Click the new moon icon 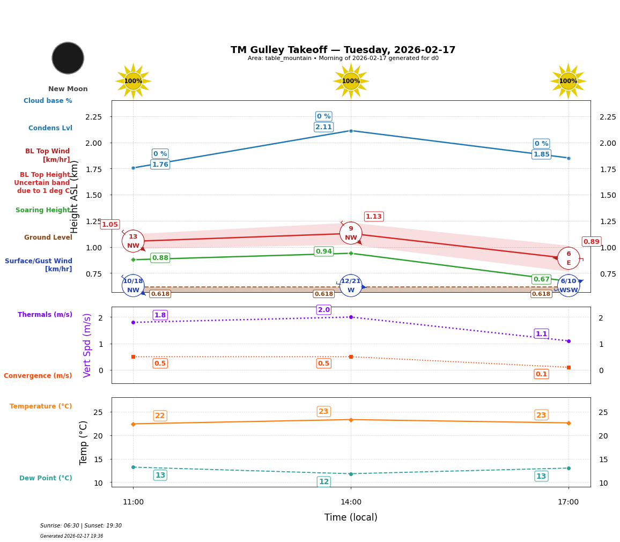click(68, 58)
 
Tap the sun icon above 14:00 click(351, 81)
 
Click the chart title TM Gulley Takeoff click(343, 50)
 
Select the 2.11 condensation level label click(323, 127)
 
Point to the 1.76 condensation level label click(160, 165)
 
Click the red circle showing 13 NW click(133, 241)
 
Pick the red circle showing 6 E click(569, 258)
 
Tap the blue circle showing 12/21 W click(351, 286)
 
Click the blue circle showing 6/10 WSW click(569, 286)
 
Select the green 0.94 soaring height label click(323, 251)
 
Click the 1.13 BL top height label click(373, 217)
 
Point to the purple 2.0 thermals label click(323, 310)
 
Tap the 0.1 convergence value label click(541, 374)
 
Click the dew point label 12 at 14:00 click(323, 481)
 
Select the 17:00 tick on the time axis click(569, 502)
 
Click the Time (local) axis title click(351, 517)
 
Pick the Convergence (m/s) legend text click(38, 376)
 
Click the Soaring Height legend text click(43, 210)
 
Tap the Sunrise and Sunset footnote click(81, 526)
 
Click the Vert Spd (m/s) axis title click(87, 345)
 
